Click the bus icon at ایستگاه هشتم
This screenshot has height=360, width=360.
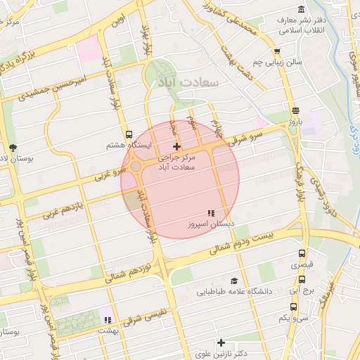click(x=128, y=134)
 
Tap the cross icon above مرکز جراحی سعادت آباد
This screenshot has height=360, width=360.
click(x=176, y=146)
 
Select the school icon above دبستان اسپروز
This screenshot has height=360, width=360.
click(x=210, y=212)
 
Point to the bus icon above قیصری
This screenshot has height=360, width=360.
click(x=302, y=254)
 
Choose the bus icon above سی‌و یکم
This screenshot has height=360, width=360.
click(x=293, y=307)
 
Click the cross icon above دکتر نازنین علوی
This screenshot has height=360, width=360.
click(x=221, y=342)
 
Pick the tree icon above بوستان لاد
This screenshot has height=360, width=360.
click(x=13, y=147)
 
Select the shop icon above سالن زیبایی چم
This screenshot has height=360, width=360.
click(x=277, y=51)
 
